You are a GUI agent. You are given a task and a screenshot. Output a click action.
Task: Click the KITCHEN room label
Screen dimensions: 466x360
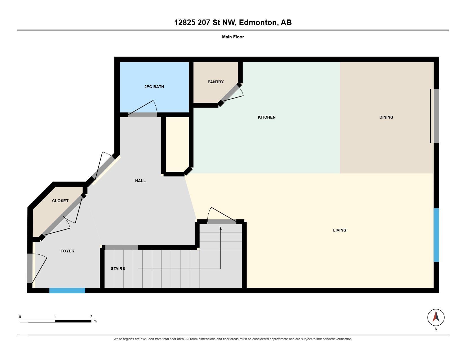pyautogui.click(x=267, y=117)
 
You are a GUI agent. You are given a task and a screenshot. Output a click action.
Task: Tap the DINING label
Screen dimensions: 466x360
pyautogui.click(x=386, y=117)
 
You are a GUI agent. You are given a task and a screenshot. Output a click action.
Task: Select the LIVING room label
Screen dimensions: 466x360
pyautogui.click(x=340, y=230)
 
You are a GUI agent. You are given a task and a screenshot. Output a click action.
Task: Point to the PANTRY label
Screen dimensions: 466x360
pyautogui.click(x=215, y=82)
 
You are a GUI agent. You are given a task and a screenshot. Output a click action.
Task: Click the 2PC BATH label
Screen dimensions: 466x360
pyautogui.click(x=154, y=87)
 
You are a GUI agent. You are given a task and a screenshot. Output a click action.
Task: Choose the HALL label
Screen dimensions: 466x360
pyautogui.click(x=140, y=181)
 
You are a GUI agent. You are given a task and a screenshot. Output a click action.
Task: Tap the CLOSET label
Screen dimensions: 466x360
pyautogui.click(x=60, y=201)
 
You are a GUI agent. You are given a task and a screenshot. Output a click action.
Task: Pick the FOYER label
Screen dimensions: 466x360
pyautogui.click(x=67, y=251)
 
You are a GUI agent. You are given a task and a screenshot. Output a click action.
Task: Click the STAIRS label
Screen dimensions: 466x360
pyautogui.click(x=118, y=269)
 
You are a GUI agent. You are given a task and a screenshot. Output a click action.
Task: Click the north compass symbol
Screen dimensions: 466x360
pyautogui.click(x=436, y=318)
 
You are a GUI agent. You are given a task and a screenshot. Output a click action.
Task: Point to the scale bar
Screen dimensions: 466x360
pyautogui.click(x=56, y=321)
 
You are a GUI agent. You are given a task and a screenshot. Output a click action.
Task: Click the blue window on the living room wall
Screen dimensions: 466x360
pyautogui.click(x=436, y=235)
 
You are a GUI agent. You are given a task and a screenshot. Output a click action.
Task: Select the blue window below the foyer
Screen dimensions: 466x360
pyautogui.click(x=67, y=291)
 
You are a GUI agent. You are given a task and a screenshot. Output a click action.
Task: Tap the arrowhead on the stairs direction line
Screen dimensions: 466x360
pyautogui.click(x=221, y=228)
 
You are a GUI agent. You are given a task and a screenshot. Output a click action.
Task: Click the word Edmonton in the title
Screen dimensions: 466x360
pyautogui.click(x=258, y=23)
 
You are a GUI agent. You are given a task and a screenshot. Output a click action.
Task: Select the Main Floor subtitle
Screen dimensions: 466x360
pyautogui.click(x=233, y=37)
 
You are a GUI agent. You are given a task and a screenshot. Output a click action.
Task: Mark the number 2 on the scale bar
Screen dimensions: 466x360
pyautogui.click(x=91, y=317)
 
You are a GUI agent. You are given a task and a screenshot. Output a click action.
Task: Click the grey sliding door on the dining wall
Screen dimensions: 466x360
pyautogui.click(x=436, y=116)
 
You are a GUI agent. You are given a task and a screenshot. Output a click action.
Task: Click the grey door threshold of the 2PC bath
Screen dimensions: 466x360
pyautogui.click(x=143, y=115)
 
